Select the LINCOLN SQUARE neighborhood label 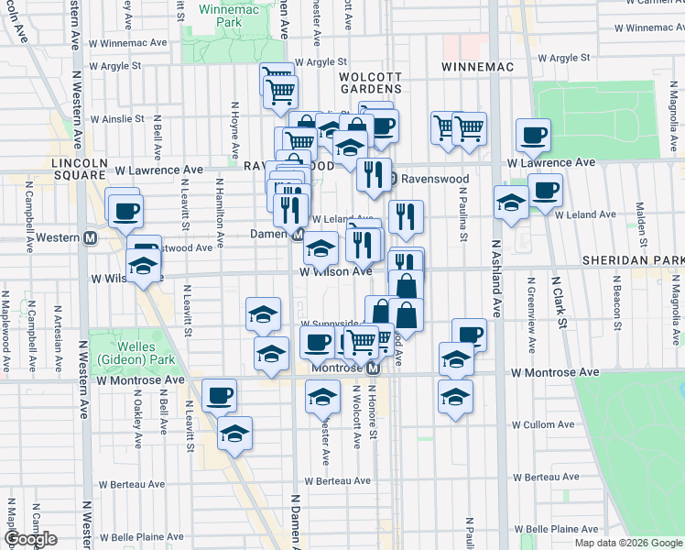[x=80, y=169]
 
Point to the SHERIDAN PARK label [x=633, y=261]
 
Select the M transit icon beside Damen [x=299, y=235]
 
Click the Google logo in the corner [x=31, y=539]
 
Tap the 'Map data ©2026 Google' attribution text [x=627, y=543]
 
